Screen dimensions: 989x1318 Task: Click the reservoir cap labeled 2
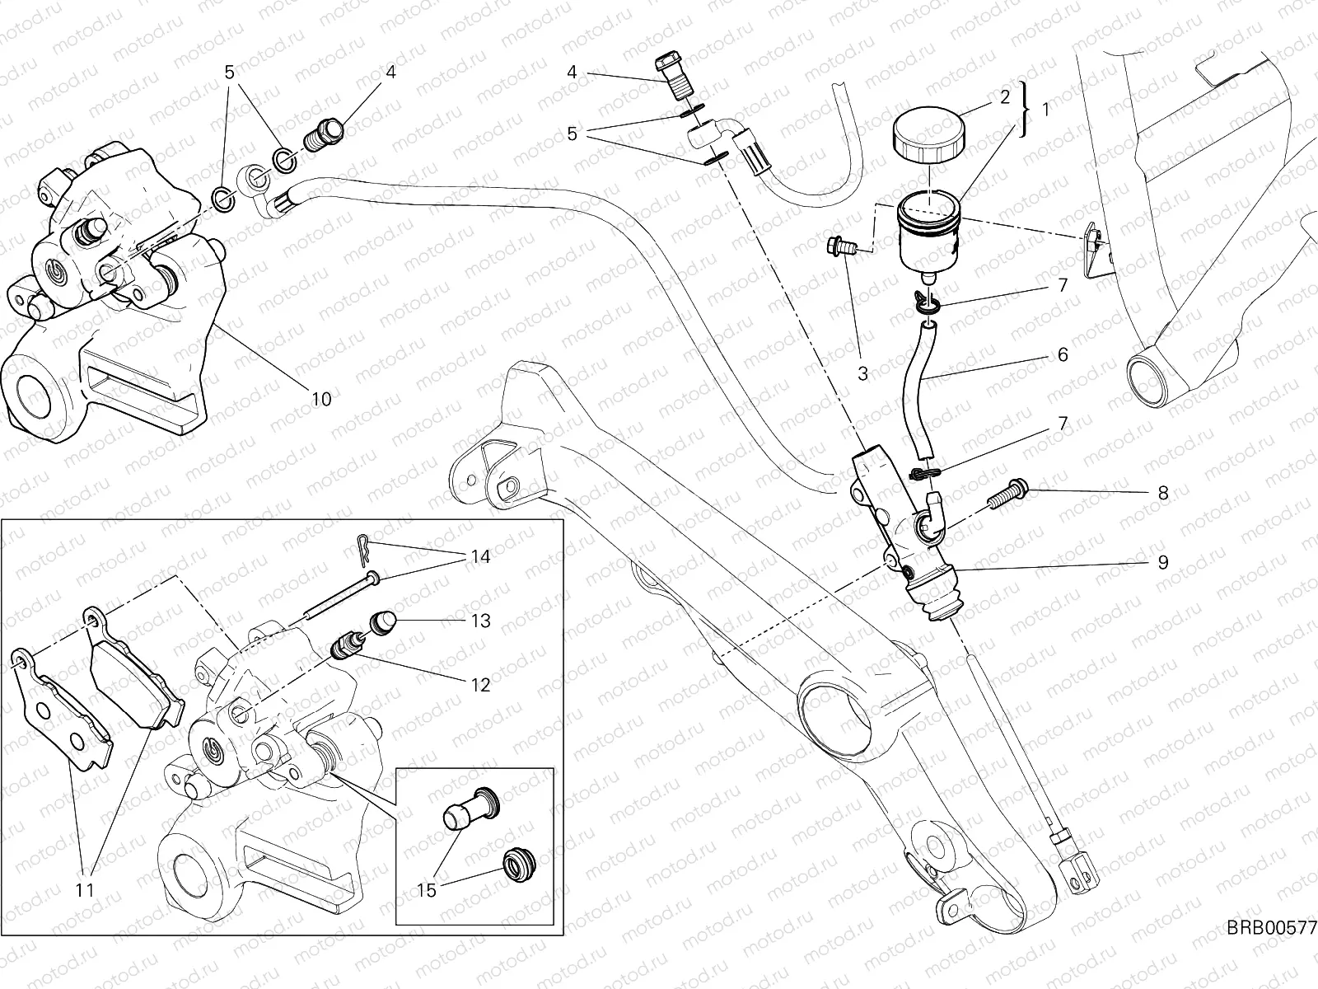click(x=926, y=136)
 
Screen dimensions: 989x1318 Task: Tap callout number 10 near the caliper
click(x=321, y=399)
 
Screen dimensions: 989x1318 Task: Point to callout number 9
click(x=1162, y=562)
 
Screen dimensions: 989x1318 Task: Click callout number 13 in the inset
click(x=481, y=621)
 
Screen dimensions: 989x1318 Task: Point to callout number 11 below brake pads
click(x=85, y=889)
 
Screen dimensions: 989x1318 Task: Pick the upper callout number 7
click(x=1062, y=286)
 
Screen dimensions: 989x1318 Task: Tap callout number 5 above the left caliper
click(x=230, y=72)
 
